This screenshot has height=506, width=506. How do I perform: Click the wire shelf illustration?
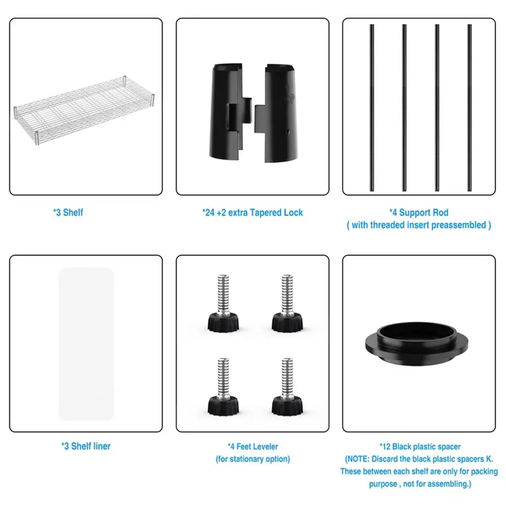[x=84, y=110]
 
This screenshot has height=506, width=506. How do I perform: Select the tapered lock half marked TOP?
[x=277, y=113]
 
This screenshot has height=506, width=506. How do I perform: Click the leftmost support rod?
[x=372, y=107]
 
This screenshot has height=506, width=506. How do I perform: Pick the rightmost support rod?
[x=469, y=107]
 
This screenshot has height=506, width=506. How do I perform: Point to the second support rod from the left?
[x=404, y=107]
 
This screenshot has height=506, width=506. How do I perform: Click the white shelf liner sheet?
[x=86, y=344]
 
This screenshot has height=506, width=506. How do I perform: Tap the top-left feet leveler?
[x=223, y=303]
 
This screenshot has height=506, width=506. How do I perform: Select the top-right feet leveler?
[x=287, y=303]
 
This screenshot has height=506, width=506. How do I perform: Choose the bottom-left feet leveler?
[x=223, y=386]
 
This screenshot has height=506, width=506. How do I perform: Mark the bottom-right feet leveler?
[x=287, y=386]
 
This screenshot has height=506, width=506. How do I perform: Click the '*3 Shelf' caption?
[x=68, y=212]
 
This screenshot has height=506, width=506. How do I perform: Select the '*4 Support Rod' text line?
[x=419, y=212]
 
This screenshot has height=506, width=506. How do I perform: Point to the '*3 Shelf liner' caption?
[x=86, y=446]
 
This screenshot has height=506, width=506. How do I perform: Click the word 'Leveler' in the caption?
[x=266, y=447]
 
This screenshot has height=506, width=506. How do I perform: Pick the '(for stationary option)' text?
[x=253, y=459]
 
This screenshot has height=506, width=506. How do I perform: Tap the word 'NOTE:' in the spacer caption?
[x=358, y=459]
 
